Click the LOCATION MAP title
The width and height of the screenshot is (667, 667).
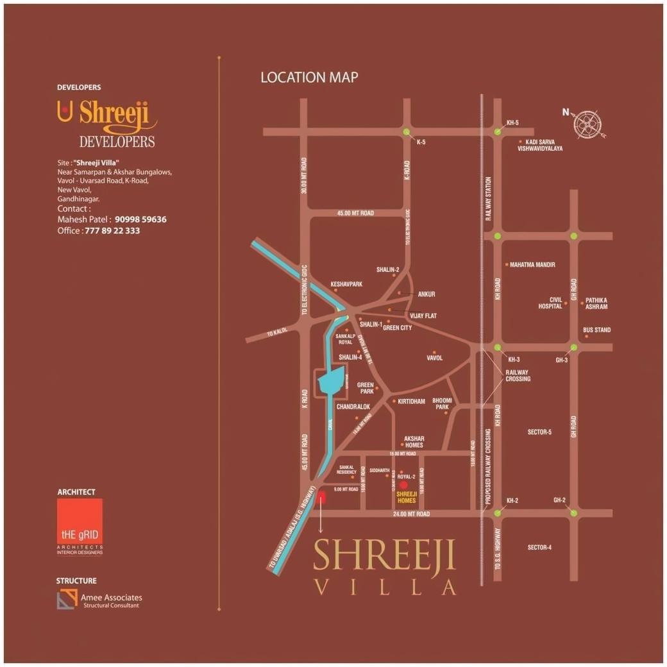tap(309, 78)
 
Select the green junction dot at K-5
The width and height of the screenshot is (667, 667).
tap(406, 131)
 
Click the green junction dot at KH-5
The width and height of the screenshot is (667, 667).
tap(498, 131)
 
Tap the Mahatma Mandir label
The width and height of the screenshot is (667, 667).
tap(532, 264)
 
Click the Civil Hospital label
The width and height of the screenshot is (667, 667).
tap(550, 303)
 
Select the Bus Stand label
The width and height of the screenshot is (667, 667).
tap(596, 330)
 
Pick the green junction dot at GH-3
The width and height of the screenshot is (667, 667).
tap(573, 348)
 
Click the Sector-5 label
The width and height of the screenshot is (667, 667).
tap(539, 432)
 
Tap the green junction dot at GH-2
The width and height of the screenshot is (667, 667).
tap(573, 512)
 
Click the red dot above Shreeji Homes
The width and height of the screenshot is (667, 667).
tap(403, 485)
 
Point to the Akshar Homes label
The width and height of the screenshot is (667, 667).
tap(413, 442)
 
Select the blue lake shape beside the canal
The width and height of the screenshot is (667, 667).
tap(332, 382)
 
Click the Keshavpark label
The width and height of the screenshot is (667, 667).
tap(346, 283)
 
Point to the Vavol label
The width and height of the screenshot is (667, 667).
tap(434, 358)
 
